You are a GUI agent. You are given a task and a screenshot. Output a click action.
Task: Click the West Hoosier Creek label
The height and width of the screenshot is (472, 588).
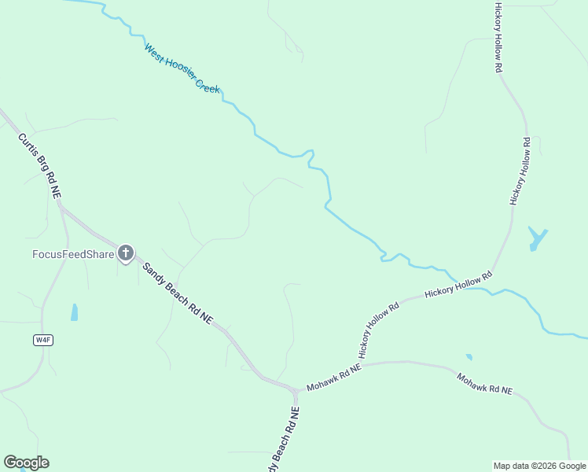coord(182,68)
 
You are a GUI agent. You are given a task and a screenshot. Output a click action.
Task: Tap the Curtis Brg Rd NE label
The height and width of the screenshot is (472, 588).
coord(40,164)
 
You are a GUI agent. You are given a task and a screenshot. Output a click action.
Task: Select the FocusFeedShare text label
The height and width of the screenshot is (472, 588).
coord(73,253)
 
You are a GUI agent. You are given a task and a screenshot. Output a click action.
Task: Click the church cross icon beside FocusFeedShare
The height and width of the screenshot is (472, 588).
coord(126,253)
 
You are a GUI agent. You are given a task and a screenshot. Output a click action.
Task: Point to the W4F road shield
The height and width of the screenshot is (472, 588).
coord(43,340)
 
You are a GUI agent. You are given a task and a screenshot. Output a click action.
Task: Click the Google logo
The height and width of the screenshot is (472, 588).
coord(26,463)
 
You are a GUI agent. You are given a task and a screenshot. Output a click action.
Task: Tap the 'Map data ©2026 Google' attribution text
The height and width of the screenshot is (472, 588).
coord(539,466)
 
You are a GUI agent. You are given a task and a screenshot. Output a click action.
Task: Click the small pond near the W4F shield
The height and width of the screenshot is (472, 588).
coord(75,312)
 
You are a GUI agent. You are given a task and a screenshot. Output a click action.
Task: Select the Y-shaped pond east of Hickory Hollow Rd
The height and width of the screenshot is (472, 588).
coord(537,238)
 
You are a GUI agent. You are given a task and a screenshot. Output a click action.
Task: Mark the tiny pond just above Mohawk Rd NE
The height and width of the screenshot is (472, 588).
coord(469,356)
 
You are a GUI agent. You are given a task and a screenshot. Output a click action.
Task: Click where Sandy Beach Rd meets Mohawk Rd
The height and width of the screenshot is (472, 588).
coord(296,390)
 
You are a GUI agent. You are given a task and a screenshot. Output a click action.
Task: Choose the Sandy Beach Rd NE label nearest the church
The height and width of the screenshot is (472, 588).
coord(177,291)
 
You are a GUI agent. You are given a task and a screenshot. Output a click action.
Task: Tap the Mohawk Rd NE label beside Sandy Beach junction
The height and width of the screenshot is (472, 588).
coord(333,378)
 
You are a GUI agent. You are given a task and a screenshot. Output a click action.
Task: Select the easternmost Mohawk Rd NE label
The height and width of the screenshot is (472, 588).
coord(484,384)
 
